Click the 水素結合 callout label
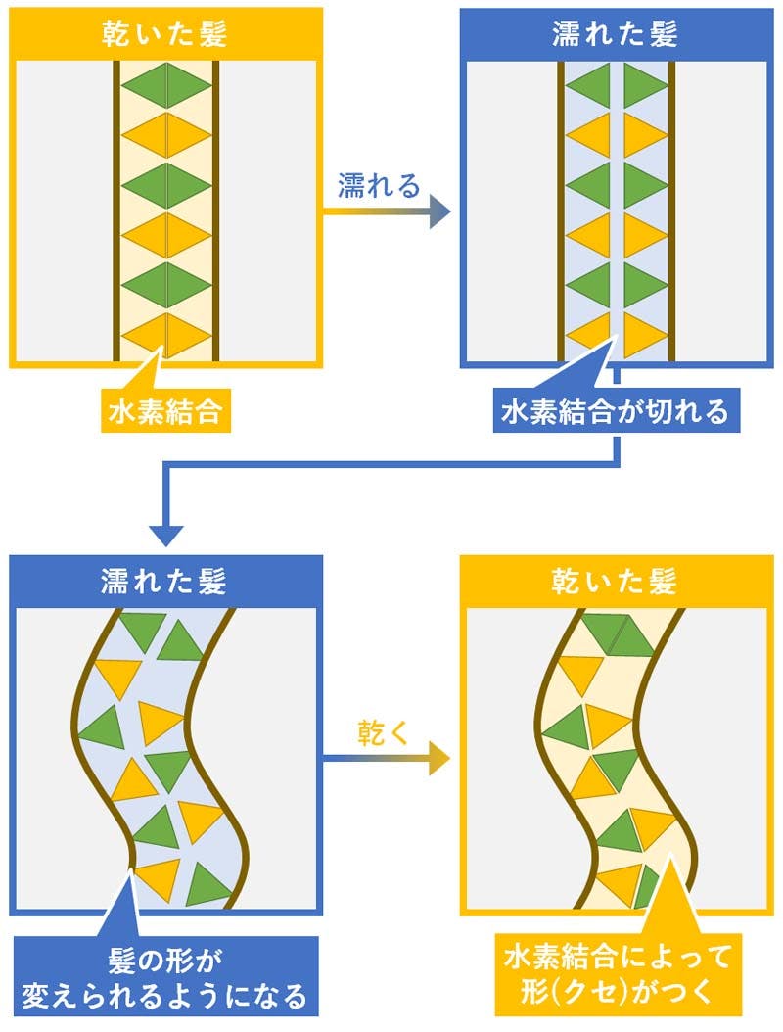tap(164, 413)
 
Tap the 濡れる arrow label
tap(378, 185)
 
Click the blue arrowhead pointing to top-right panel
tap(438, 212)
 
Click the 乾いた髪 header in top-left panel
tap(165, 35)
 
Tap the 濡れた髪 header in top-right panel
tap(616, 35)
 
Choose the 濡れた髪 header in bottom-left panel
tap(165, 581)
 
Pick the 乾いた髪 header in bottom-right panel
tap(616, 581)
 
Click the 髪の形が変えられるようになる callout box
tap(164, 975)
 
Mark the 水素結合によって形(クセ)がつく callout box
tap(615, 973)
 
